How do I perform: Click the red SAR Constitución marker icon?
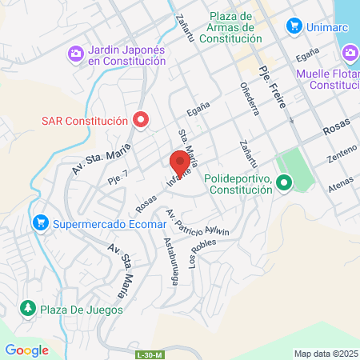pyautogui.click(x=142, y=121)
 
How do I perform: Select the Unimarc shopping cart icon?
pyautogui.click(x=294, y=25)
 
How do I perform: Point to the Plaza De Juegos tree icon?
pyautogui.click(x=27, y=308)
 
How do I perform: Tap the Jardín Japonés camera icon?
pyautogui.click(x=75, y=54)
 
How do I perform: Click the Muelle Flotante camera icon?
pyautogui.click(x=350, y=54)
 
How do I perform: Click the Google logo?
pyautogui.click(x=26, y=350)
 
